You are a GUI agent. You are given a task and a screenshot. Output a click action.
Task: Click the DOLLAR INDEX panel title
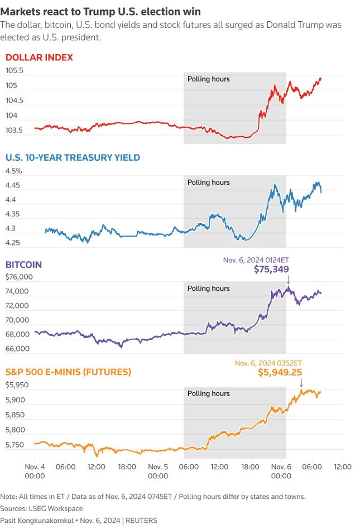39,57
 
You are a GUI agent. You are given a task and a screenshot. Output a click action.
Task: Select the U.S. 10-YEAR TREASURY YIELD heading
73,158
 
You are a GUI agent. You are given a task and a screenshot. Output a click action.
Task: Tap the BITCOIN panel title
23,264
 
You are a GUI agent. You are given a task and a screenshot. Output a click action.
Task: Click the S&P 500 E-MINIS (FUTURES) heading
68,371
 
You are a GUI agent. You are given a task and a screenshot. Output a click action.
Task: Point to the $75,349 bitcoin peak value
271,270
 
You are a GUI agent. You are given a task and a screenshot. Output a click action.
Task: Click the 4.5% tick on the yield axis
13,171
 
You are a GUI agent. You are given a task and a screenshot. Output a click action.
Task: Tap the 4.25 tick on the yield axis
14,243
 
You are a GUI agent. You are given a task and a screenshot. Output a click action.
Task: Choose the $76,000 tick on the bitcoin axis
17,277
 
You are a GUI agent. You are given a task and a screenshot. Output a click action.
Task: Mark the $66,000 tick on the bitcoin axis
17,349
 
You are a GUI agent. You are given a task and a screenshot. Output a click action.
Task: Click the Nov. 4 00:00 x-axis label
35,471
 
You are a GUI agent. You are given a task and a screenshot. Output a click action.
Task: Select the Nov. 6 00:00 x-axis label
281,471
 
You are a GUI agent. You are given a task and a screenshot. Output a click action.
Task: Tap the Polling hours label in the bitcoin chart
208,288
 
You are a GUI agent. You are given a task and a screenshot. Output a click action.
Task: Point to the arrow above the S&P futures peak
301,383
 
